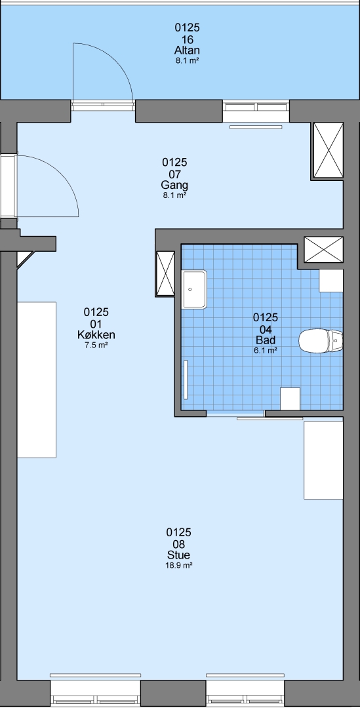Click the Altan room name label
pyautogui.click(x=187, y=50)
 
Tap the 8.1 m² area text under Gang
pyautogui.click(x=174, y=195)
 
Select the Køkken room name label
pyautogui.click(x=96, y=335)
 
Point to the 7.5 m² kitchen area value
pyautogui.click(x=96, y=346)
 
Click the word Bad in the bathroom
pyautogui.click(x=265, y=340)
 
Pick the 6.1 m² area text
pyautogui.click(x=265, y=350)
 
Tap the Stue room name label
pyautogui.click(x=178, y=555)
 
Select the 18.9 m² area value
pyautogui.click(x=179, y=565)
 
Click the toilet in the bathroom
pyautogui.click(x=321, y=341)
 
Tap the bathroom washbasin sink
pyautogui.click(x=194, y=290)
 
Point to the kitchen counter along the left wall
pyautogui.click(x=37, y=380)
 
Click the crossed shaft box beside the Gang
pyautogui.click(x=329, y=150)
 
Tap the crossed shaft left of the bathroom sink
pyautogui.click(x=165, y=273)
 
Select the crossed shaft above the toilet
pyautogui.click(x=323, y=249)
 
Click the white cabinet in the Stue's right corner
pyautogui.click(x=323, y=460)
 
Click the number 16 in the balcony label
pyautogui.click(x=187, y=39)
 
